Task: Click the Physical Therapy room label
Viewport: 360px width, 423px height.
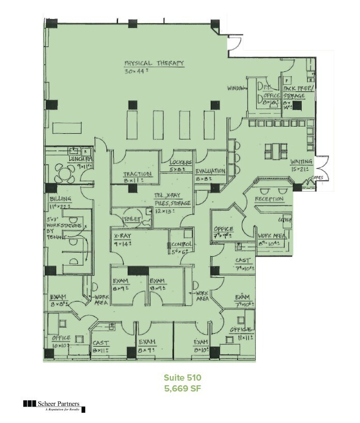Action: [x=154, y=63]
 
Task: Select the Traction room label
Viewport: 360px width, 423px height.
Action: [x=137, y=174]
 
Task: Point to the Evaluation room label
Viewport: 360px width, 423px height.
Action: [x=210, y=171]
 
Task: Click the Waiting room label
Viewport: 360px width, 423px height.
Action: [x=301, y=162]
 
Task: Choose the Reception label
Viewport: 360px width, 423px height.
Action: [x=269, y=199]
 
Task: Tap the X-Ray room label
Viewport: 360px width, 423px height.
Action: [x=122, y=236]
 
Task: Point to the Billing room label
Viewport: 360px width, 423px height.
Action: [x=60, y=199]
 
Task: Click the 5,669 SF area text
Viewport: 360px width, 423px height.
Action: [x=179, y=388]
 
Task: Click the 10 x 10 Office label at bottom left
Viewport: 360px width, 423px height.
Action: [x=61, y=338]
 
